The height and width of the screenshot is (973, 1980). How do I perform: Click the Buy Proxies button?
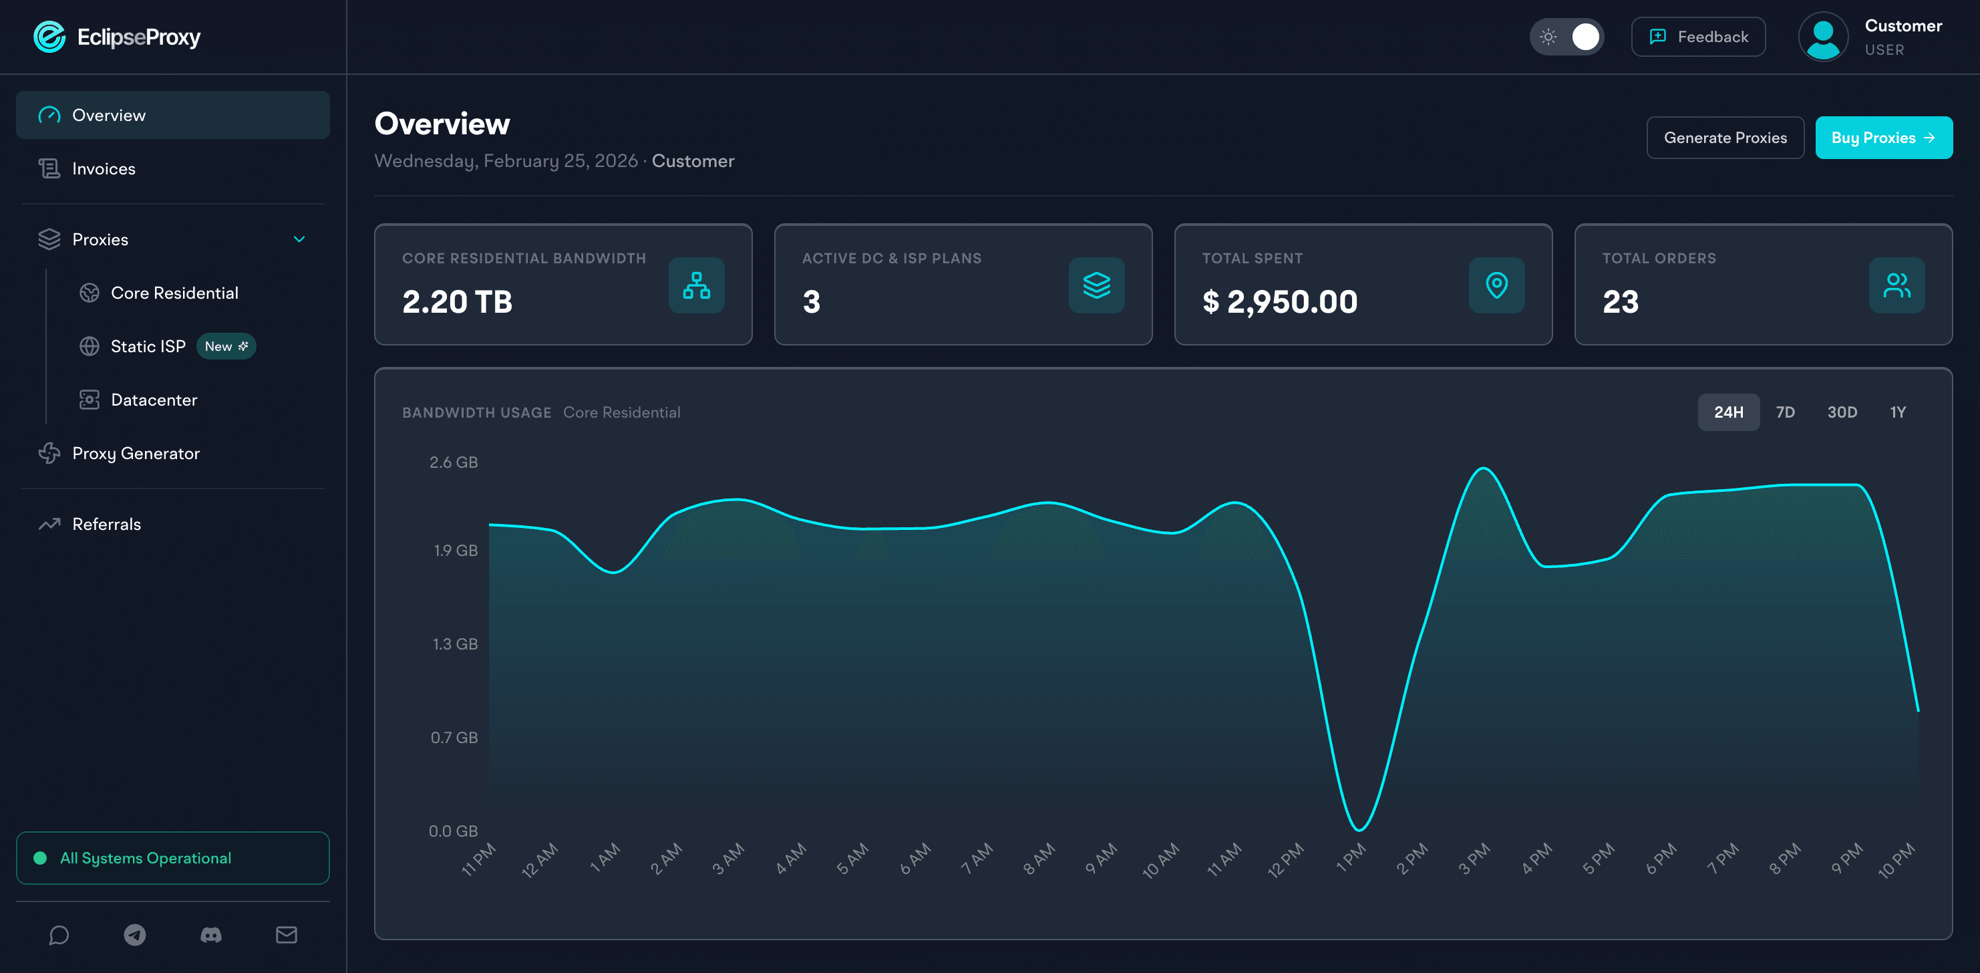1882,138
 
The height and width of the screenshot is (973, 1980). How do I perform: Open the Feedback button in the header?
1697,37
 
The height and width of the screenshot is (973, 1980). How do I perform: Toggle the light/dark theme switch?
1566,37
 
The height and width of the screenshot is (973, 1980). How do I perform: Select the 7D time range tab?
1785,412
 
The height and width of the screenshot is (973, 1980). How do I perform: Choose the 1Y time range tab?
1897,412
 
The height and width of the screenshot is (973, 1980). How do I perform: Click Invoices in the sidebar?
103,168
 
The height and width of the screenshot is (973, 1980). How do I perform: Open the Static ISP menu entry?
148,346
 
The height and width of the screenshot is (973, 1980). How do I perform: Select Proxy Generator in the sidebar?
136,453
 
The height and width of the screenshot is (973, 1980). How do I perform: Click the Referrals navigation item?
106,524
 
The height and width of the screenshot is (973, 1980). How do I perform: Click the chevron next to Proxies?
299,239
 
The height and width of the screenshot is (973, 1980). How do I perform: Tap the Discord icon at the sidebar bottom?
210,934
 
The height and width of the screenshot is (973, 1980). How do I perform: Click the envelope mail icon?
286,934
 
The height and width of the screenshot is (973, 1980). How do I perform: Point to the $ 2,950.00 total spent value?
1279,301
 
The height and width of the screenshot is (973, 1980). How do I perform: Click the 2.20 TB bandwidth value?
456,301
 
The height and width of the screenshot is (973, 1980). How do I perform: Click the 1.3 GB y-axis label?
454,644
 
